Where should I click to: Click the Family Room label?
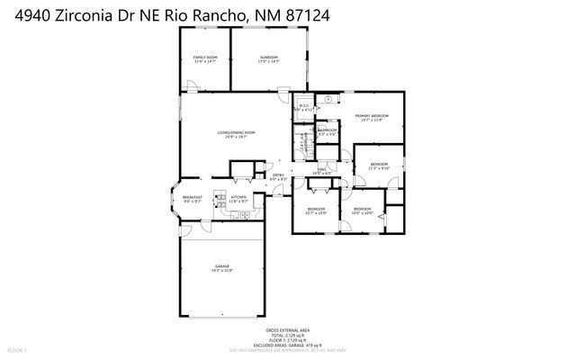tap(206, 59)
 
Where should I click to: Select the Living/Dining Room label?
tap(236, 135)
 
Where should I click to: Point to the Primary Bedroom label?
tap(372, 118)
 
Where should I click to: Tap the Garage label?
tap(221, 268)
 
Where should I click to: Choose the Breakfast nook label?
tap(192, 199)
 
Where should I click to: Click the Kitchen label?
tap(238, 199)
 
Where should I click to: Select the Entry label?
tap(278, 177)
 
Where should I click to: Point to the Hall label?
tap(319, 171)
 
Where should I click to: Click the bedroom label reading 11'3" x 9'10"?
tap(378, 166)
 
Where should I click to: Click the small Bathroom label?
tap(327, 133)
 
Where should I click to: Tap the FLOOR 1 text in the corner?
tap(17, 349)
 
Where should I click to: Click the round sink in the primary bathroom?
tap(328, 99)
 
